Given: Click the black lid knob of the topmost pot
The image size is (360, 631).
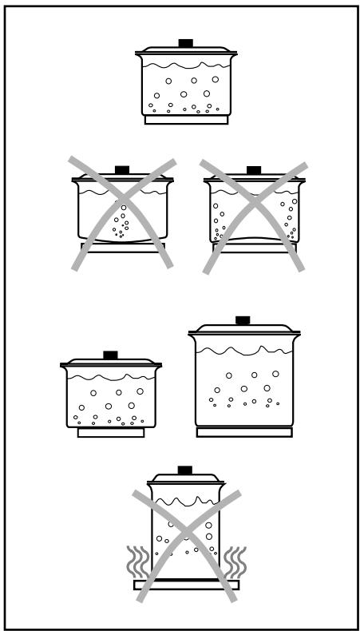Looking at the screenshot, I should tap(186, 42).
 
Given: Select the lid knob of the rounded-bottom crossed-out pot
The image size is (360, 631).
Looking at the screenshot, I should tap(122, 169).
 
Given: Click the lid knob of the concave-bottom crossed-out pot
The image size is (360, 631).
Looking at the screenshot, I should tap(254, 170).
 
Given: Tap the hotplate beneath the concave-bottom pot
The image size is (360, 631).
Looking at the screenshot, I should tap(253, 248).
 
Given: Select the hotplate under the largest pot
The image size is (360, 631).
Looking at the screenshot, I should tap(243, 432).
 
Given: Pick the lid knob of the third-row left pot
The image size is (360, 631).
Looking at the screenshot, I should tap(111, 354).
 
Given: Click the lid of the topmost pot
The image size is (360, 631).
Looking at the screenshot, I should tap(186, 50).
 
